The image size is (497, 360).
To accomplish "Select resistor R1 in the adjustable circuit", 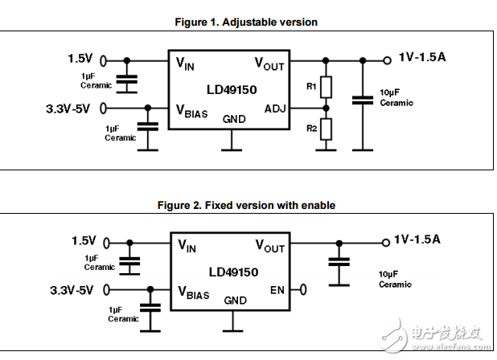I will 325,85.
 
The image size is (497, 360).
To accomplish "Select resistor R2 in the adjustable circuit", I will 325,129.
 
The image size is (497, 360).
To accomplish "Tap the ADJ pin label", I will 273,108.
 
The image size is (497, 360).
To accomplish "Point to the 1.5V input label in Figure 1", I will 81,59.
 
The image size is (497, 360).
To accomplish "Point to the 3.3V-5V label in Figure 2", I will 71,288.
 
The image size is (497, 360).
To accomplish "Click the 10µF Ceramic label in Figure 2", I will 395,280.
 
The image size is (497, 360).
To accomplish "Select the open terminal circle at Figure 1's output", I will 388,59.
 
